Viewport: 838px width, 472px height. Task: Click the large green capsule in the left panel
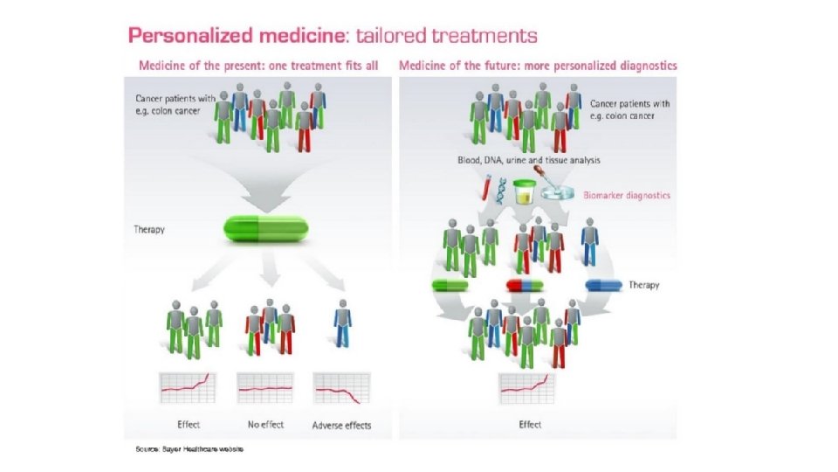[258, 230]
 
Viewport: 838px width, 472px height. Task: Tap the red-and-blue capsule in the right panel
[525, 286]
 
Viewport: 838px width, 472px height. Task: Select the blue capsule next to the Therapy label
[604, 285]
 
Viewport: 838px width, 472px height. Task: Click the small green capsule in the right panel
[450, 286]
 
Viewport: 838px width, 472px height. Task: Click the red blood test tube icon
[482, 188]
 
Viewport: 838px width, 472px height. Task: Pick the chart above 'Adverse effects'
[341, 387]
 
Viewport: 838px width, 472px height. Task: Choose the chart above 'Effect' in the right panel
[528, 387]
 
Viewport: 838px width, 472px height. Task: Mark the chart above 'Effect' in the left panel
[188, 387]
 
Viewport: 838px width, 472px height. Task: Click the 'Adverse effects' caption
[341, 426]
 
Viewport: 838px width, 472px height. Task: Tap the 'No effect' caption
[265, 425]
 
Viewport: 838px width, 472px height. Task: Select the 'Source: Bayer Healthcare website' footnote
[189, 449]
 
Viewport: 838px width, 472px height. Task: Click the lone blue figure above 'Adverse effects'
[342, 326]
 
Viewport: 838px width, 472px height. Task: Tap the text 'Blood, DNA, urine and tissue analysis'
[528, 161]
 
